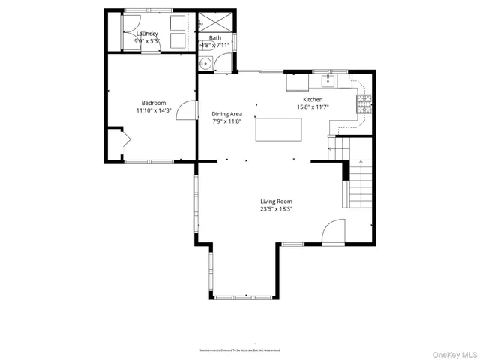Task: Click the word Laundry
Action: (146, 34)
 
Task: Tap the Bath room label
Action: (215, 37)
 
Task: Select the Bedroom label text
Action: (154, 103)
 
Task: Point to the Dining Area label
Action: (227, 113)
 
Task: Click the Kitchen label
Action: (313, 99)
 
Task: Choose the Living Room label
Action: (276, 201)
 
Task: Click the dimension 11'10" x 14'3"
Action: (154, 110)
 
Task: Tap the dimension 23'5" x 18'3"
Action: (276, 209)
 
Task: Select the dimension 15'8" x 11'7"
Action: (313, 106)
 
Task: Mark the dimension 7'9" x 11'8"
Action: (227, 121)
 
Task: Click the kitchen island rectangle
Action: (277, 130)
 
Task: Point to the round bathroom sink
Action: (204, 64)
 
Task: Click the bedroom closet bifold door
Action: (123, 140)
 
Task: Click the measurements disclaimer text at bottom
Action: (239, 350)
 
